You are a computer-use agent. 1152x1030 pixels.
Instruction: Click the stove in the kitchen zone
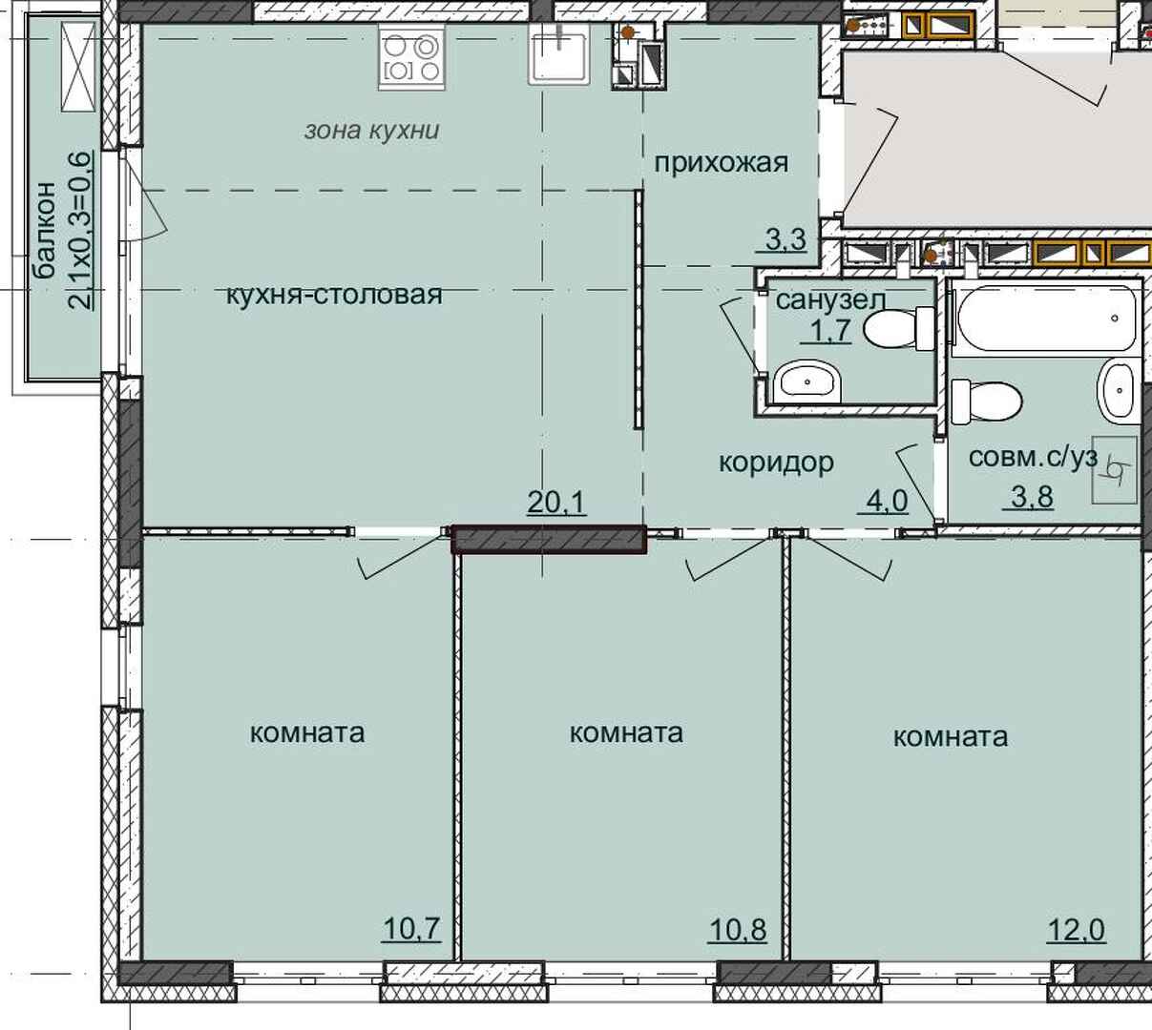411,57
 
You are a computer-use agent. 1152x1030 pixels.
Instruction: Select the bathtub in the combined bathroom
1046,319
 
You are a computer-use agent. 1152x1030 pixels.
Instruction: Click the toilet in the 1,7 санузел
898,328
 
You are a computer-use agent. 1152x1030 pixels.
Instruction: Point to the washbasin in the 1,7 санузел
807,381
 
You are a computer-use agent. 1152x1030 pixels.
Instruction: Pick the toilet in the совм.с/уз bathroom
987,402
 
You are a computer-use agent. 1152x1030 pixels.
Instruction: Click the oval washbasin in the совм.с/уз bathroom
1119,391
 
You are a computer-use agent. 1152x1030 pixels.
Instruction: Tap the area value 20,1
556,503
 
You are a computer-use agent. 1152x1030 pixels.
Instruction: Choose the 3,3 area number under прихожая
785,238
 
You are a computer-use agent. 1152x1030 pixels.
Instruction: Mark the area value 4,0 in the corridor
887,501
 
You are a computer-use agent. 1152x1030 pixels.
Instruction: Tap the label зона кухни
372,131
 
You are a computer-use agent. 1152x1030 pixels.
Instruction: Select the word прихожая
722,164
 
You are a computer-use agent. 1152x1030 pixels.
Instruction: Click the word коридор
776,463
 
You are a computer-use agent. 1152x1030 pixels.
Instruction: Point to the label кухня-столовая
334,295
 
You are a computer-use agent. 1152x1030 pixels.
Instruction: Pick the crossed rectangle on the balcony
79,67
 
